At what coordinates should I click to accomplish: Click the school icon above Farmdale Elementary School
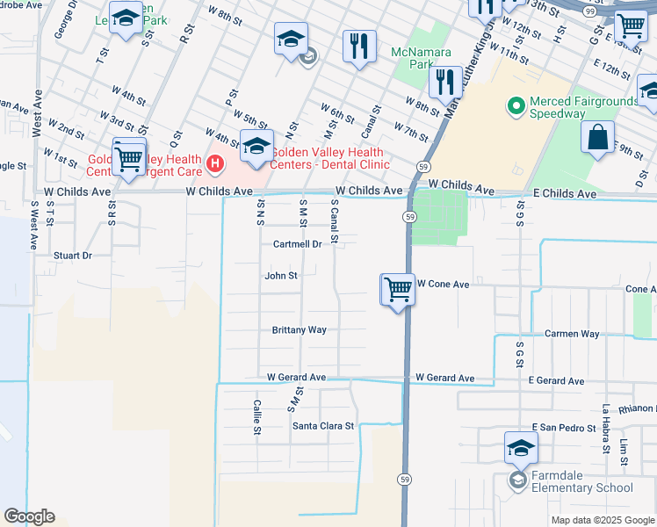pyautogui.click(x=521, y=448)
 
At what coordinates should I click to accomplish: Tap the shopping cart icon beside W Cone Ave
pyautogui.click(x=398, y=289)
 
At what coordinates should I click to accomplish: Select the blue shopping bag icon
pyautogui.click(x=597, y=139)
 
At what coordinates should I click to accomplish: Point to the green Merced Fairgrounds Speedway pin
pyautogui.click(x=516, y=107)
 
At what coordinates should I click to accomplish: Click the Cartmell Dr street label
pyautogui.click(x=297, y=244)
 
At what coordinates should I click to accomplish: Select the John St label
pyautogui.click(x=281, y=276)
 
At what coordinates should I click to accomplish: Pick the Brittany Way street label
pyautogui.click(x=299, y=330)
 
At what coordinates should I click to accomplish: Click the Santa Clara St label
pyautogui.click(x=322, y=426)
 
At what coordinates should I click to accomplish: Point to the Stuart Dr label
pyautogui.click(x=73, y=256)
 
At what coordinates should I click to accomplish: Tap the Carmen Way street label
pyautogui.click(x=572, y=335)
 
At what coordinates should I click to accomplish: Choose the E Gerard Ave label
pyautogui.click(x=557, y=381)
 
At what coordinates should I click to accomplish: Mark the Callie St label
pyautogui.click(x=257, y=417)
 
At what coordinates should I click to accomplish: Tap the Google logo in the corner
pyautogui.click(x=29, y=516)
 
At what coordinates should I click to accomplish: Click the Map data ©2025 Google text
pyautogui.click(x=603, y=520)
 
